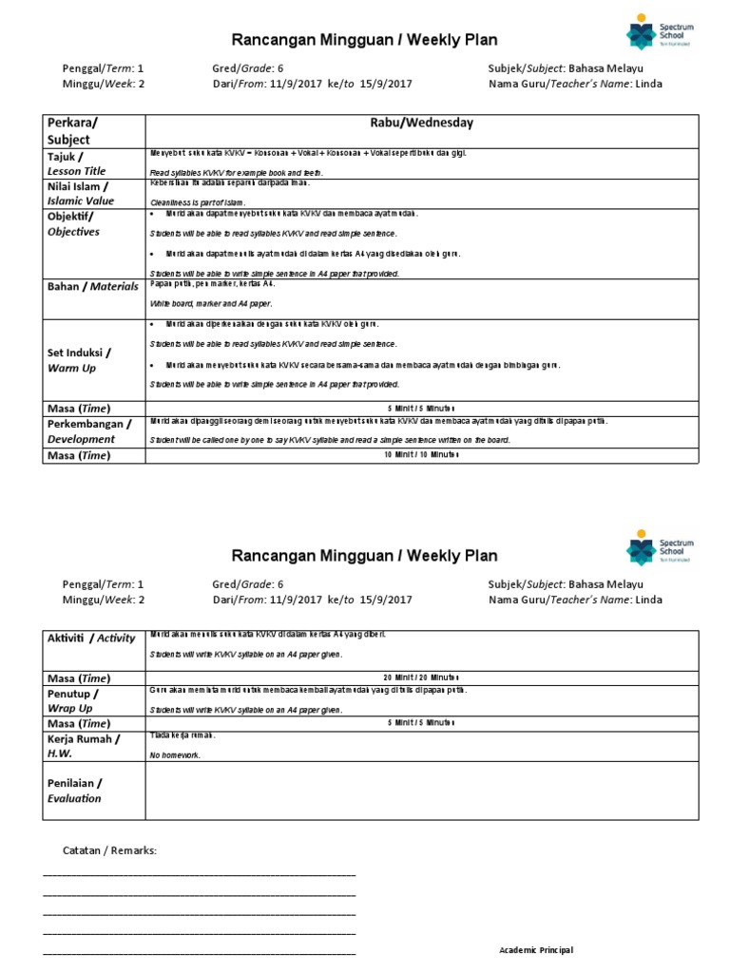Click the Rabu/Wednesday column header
421,123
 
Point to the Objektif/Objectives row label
74,223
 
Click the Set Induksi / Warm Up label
78,360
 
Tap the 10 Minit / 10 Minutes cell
421,455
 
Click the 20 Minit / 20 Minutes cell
421,677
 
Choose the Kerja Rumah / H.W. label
83,745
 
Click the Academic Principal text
536,950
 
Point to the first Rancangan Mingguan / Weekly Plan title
365,39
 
